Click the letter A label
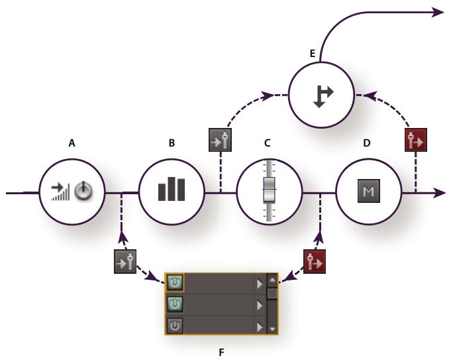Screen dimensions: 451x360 pyautogui.click(x=72, y=143)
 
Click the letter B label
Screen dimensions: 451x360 pyautogui.click(x=172, y=143)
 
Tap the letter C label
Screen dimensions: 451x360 pyautogui.click(x=267, y=143)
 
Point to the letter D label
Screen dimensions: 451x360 pyautogui.click(x=367, y=143)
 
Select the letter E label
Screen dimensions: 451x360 pyautogui.click(x=313, y=54)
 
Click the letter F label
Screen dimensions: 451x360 pyautogui.click(x=221, y=352)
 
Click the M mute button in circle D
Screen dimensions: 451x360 pyautogui.click(x=369, y=191)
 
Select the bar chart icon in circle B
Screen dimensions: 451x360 pyautogui.click(x=172, y=189)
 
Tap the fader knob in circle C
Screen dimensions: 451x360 pyautogui.click(x=269, y=190)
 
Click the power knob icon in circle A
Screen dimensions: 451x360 pyautogui.click(x=83, y=191)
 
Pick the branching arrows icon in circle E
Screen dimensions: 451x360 pyautogui.click(x=323, y=97)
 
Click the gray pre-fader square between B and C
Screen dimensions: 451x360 pyautogui.click(x=220, y=140)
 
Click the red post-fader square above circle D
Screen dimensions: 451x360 pyautogui.click(x=416, y=140)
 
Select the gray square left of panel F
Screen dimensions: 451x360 pyautogui.click(x=125, y=261)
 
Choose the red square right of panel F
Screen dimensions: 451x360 pyautogui.click(x=315, y=261)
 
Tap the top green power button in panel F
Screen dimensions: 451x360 pyautogui.click(x=175, y=282)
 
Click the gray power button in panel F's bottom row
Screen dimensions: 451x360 pyautogui.click(x=175, y=326)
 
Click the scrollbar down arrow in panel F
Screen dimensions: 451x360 pyautogui.click(x=272, y=329)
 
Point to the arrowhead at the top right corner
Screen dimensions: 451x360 pyautogui.click(x=438, y=13)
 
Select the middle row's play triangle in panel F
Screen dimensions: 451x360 pyautogui.click(x=260, y=305)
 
